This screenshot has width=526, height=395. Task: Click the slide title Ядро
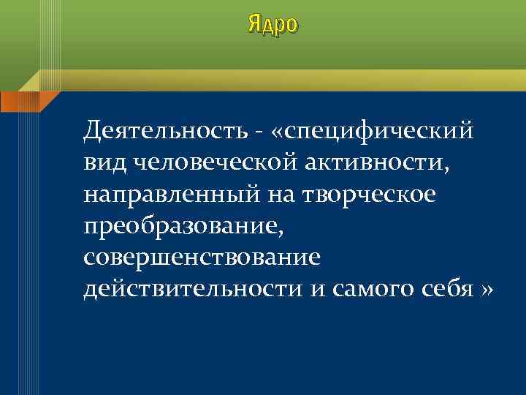[x=272, y=25]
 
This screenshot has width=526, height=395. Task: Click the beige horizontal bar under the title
[x=278, y=74]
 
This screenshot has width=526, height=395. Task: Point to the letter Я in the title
[x=254, y=23]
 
